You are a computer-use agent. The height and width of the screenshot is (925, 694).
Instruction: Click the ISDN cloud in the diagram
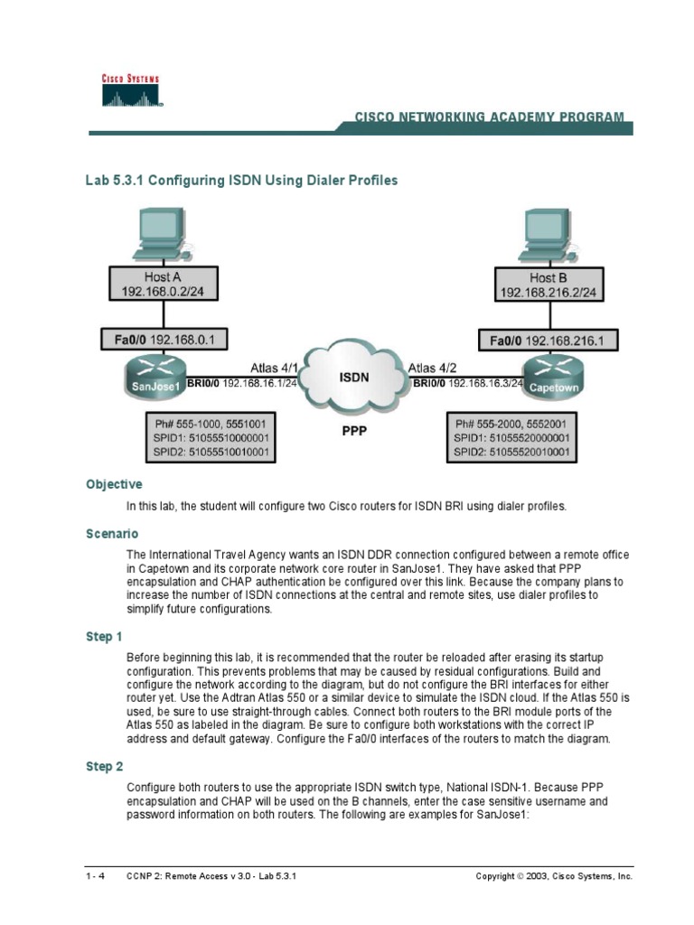(x=353, y=378)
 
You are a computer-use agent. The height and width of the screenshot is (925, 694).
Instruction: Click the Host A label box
(x=163, y=285)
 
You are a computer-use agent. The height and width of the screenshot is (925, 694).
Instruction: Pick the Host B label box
(x=555, y=285)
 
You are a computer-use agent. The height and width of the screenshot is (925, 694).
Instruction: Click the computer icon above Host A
(x=159, y=232)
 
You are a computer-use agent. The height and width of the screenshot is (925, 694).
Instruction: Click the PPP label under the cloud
(x=354, y=432)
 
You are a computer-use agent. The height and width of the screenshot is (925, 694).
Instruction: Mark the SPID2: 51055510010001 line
(x=211, y=452)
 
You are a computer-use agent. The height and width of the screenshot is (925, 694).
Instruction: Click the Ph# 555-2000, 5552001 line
(x=512, y=423)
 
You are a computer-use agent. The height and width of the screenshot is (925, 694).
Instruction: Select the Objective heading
(x=114, y=484)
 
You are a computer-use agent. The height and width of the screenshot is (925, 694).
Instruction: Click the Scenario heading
(x=112, y=534)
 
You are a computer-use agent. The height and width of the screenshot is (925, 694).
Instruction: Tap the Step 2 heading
(x=105, y=767)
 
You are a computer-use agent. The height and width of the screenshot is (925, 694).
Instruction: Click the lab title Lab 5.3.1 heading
(x=241, y=181)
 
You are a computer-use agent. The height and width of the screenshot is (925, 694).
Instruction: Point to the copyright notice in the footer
(x=554, y=877)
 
